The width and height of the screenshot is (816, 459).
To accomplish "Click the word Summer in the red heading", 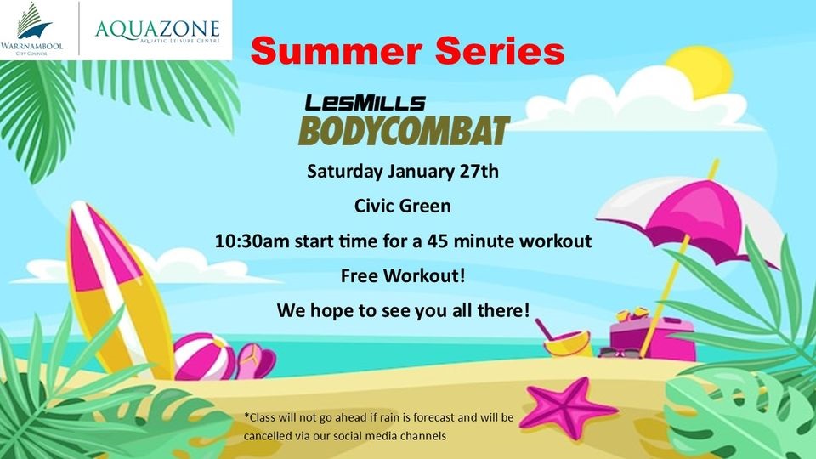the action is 337,52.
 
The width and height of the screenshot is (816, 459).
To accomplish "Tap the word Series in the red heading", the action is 500,51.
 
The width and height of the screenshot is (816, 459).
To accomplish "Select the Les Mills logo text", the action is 365,103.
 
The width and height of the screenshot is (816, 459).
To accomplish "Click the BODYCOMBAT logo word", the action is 404,131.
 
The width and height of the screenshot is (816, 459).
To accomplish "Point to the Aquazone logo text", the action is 158,31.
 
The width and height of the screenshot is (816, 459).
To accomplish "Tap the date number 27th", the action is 479,171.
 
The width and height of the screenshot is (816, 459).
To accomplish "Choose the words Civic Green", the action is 403,206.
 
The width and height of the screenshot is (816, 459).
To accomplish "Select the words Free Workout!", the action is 403,275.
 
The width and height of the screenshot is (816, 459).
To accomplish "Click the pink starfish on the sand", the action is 567,407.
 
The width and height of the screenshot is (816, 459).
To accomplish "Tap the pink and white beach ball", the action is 204,357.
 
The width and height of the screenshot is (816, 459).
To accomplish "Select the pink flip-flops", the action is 256,360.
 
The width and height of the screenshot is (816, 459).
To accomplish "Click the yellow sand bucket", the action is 566,344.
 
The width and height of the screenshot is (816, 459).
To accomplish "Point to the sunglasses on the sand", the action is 620,353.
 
